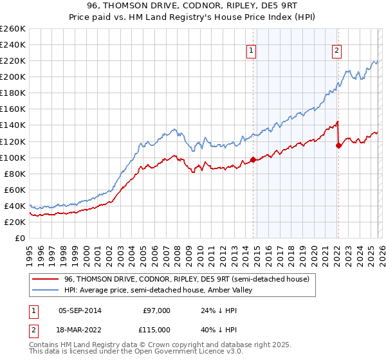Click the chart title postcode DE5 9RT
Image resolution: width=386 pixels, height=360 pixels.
282,6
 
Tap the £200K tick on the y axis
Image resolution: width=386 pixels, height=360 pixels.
13,76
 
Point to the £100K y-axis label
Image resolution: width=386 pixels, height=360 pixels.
13,157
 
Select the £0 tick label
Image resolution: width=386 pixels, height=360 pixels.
19,238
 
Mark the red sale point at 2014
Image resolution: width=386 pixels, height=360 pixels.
253,159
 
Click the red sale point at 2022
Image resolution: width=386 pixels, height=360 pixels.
338,145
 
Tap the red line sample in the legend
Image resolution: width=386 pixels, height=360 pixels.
46,279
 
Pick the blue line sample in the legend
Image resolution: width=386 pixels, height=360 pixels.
46,290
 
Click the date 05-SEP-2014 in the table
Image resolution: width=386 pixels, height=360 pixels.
84,310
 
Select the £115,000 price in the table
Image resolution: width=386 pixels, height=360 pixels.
156,330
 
